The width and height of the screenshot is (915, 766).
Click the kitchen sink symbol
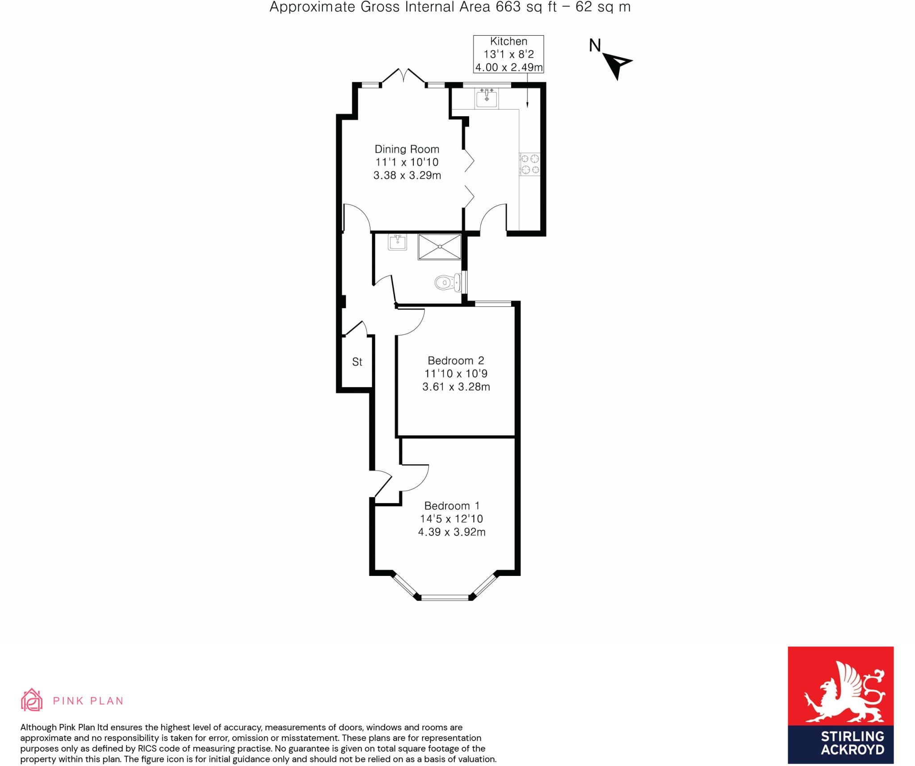(x=486, y=98)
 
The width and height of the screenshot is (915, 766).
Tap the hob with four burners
(x=530, y=164)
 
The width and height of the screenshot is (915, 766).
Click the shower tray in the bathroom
(x=439, y=246)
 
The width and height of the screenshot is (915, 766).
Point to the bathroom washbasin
(x=397, y=242)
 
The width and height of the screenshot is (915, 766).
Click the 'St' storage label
(x=357, y=362)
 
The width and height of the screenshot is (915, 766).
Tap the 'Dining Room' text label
(x=407, y=149)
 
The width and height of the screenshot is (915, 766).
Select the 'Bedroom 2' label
(x=456, y=360)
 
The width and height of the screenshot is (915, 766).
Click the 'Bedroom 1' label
(x=452, y=506)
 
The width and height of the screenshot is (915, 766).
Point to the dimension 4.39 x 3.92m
(x=452, y=532)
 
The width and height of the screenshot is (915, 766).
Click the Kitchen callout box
(x=508, y=54)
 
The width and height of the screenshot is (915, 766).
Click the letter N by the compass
(x=595, y=46)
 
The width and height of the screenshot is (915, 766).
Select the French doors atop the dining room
(x=404, y=76)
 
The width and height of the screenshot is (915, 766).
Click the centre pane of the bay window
(x=445, y=597)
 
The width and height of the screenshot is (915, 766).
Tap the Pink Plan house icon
(x=32, y=700)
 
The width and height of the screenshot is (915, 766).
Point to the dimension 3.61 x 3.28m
(x=456, y=387)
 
